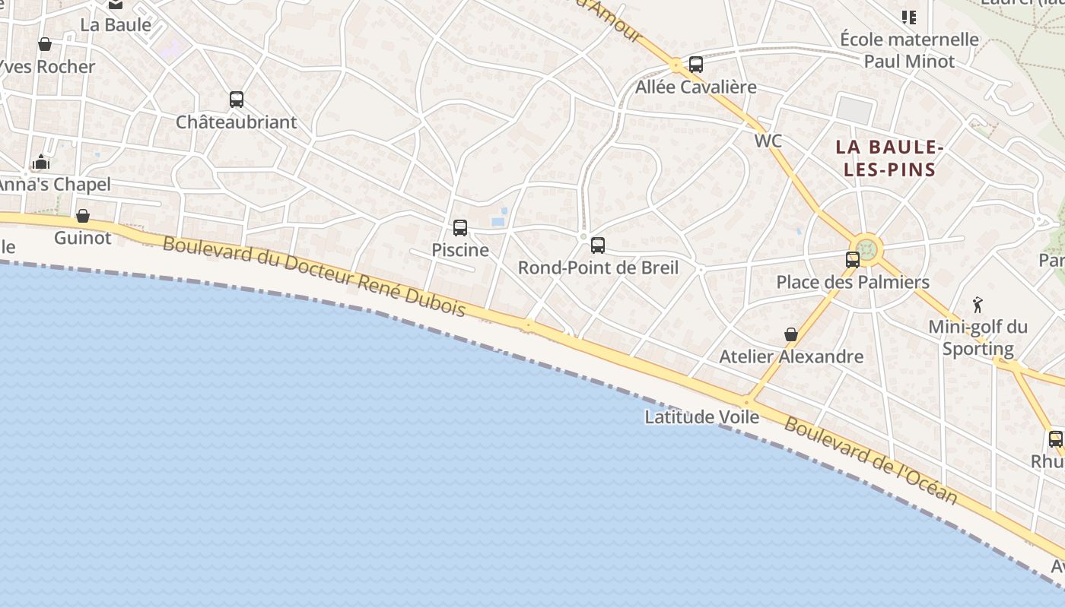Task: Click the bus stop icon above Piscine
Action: [460, 227]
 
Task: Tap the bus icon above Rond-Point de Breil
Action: [598, 245]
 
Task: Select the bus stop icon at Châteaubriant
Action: [237, 99]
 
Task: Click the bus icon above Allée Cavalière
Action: [696, 65]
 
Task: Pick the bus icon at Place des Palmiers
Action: [853, 259]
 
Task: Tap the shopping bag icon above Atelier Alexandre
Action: [791, 334]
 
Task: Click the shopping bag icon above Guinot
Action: [83, 216]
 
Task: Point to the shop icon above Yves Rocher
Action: [45, 44]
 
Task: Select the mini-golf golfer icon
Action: [978, 305]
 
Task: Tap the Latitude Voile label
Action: [701, 417]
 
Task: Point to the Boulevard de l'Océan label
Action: [870, 461]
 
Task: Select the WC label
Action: [768, 141]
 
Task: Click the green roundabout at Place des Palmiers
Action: [867, 248]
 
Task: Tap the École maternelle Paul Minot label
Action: [909, 49]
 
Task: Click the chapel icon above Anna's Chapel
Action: [41, 162]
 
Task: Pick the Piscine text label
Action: [460, 250]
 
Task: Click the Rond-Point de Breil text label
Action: [598, 268]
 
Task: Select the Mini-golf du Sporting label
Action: [978, 338]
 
